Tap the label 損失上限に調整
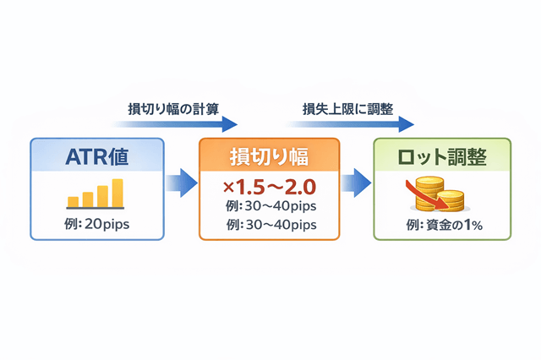347,109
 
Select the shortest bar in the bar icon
74,201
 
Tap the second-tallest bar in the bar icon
102,196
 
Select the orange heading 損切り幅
269,157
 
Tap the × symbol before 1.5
224,185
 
